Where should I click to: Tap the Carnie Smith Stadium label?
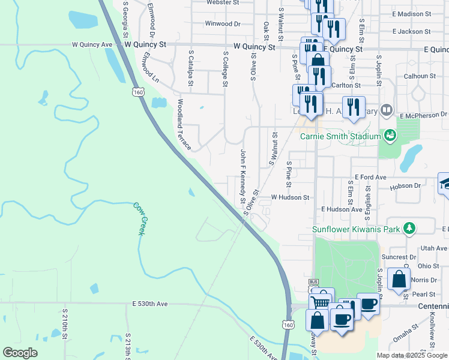340,136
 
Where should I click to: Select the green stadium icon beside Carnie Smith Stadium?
391,136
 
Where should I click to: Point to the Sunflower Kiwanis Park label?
357,229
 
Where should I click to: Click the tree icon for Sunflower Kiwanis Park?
409,228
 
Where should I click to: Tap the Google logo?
20,353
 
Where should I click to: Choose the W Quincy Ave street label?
92,44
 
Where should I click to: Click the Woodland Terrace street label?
182,125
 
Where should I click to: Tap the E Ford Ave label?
370,177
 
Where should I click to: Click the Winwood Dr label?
222,24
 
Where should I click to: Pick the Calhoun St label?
420,76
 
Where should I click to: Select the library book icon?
387,110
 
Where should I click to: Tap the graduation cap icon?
444,183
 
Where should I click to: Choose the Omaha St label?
407,335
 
